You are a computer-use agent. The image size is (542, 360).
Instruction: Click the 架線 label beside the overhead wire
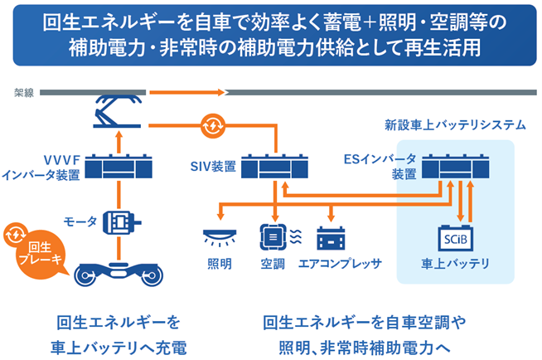(x=24, y=93)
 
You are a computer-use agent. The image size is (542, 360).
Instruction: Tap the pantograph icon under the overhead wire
(x=117, y=111)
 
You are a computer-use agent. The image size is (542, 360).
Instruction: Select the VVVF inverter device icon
(x=119, y=167)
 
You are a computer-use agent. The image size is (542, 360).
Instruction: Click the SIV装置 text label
(x=213, y=167)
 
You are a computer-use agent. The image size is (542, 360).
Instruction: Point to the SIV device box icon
(x=274, y=167)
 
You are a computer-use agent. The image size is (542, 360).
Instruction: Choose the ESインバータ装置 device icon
(x=456, y=167)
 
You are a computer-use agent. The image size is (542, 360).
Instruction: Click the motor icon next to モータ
(x=122, y=222)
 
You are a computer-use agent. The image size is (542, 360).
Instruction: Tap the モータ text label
(x=80, y=221)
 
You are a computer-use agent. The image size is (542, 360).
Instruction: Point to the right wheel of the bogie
(x=152, y=276)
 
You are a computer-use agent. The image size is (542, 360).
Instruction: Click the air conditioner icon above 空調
(x=273, y=237)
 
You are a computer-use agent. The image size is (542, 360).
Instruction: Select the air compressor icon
(x=331, y=238)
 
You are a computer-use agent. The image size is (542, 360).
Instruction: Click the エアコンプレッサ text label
(x=340, y=265)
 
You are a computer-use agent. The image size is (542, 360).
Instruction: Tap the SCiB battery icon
(x=456, y=238)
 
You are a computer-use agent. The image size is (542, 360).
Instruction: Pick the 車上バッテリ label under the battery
(x=455, y=265)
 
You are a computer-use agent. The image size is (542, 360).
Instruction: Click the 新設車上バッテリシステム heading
(x=455, y=125)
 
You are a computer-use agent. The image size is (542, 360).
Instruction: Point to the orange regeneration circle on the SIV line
(x=213, y=126)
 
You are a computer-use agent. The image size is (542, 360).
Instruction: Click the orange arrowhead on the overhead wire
(x=221, y=92)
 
